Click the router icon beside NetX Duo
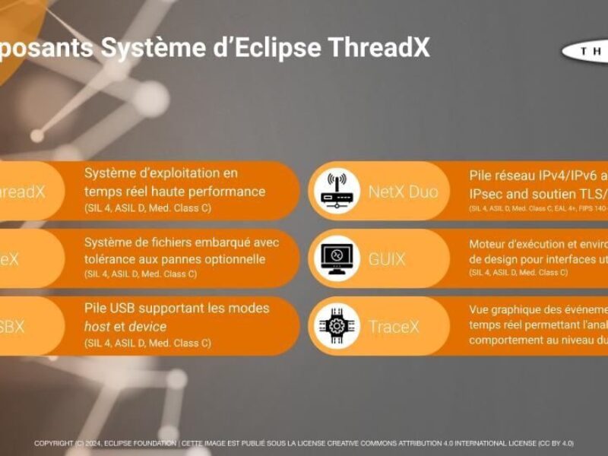[337, 191]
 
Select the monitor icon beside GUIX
[337, 258]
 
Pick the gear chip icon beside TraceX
[337, 325]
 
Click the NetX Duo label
[403, 192]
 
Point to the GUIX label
[387, 259]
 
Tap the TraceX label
[394, 326]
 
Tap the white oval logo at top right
[587, 50]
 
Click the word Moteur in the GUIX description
[491, 244]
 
